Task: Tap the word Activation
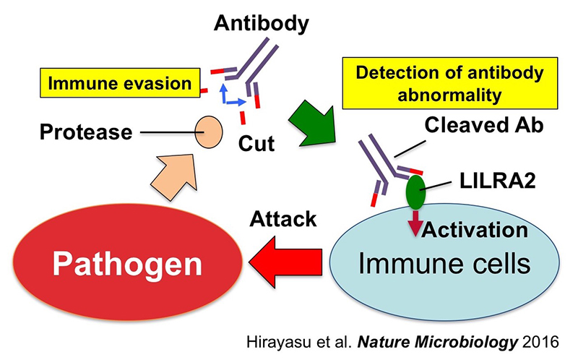(474, 230)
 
